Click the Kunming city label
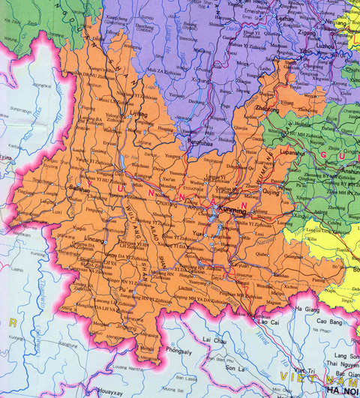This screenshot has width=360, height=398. tap(232, 212)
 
